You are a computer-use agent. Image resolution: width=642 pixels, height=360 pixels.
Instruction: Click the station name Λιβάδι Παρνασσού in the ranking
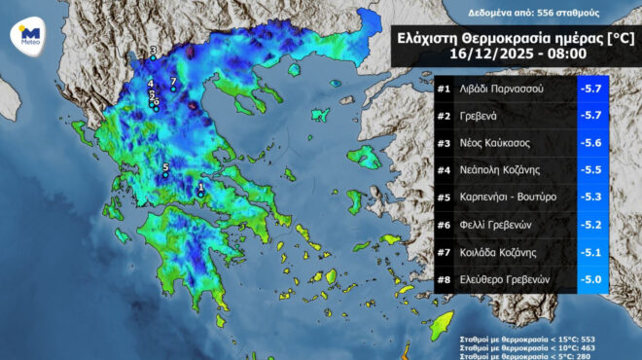point(502,90)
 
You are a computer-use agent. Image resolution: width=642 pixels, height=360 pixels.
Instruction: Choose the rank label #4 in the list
point(443,170)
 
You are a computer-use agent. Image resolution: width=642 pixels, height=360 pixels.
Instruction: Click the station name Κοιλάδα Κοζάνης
point(498,252)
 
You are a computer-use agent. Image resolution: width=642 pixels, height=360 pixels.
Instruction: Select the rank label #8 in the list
point(443,279)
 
